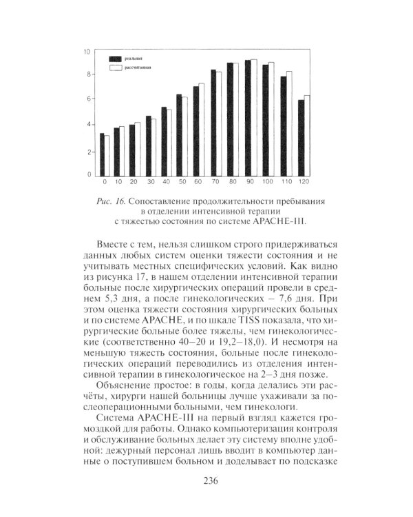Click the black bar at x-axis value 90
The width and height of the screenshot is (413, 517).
coord(248,118)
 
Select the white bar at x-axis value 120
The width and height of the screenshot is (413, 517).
coord(306,136)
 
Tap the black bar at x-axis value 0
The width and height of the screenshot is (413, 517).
coord(103,154)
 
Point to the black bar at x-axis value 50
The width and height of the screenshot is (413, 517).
coord(179,135)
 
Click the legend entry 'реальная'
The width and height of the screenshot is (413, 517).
coord(134,61)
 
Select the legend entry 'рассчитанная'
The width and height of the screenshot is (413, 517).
coord(138,69)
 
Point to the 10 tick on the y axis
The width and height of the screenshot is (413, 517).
coord(87,52)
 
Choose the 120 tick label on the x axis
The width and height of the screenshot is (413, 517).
coord(304,183)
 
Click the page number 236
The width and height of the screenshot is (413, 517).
coord(206,481)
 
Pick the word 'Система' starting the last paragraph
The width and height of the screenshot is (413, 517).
coord(116,420)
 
